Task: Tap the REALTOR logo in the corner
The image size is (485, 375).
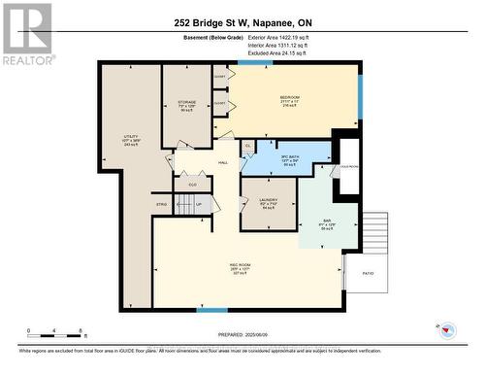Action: [x=27, y=33]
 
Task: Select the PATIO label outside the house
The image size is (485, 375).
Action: [x=366, y=275]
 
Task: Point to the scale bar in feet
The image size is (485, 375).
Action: [x=56, y=331]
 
